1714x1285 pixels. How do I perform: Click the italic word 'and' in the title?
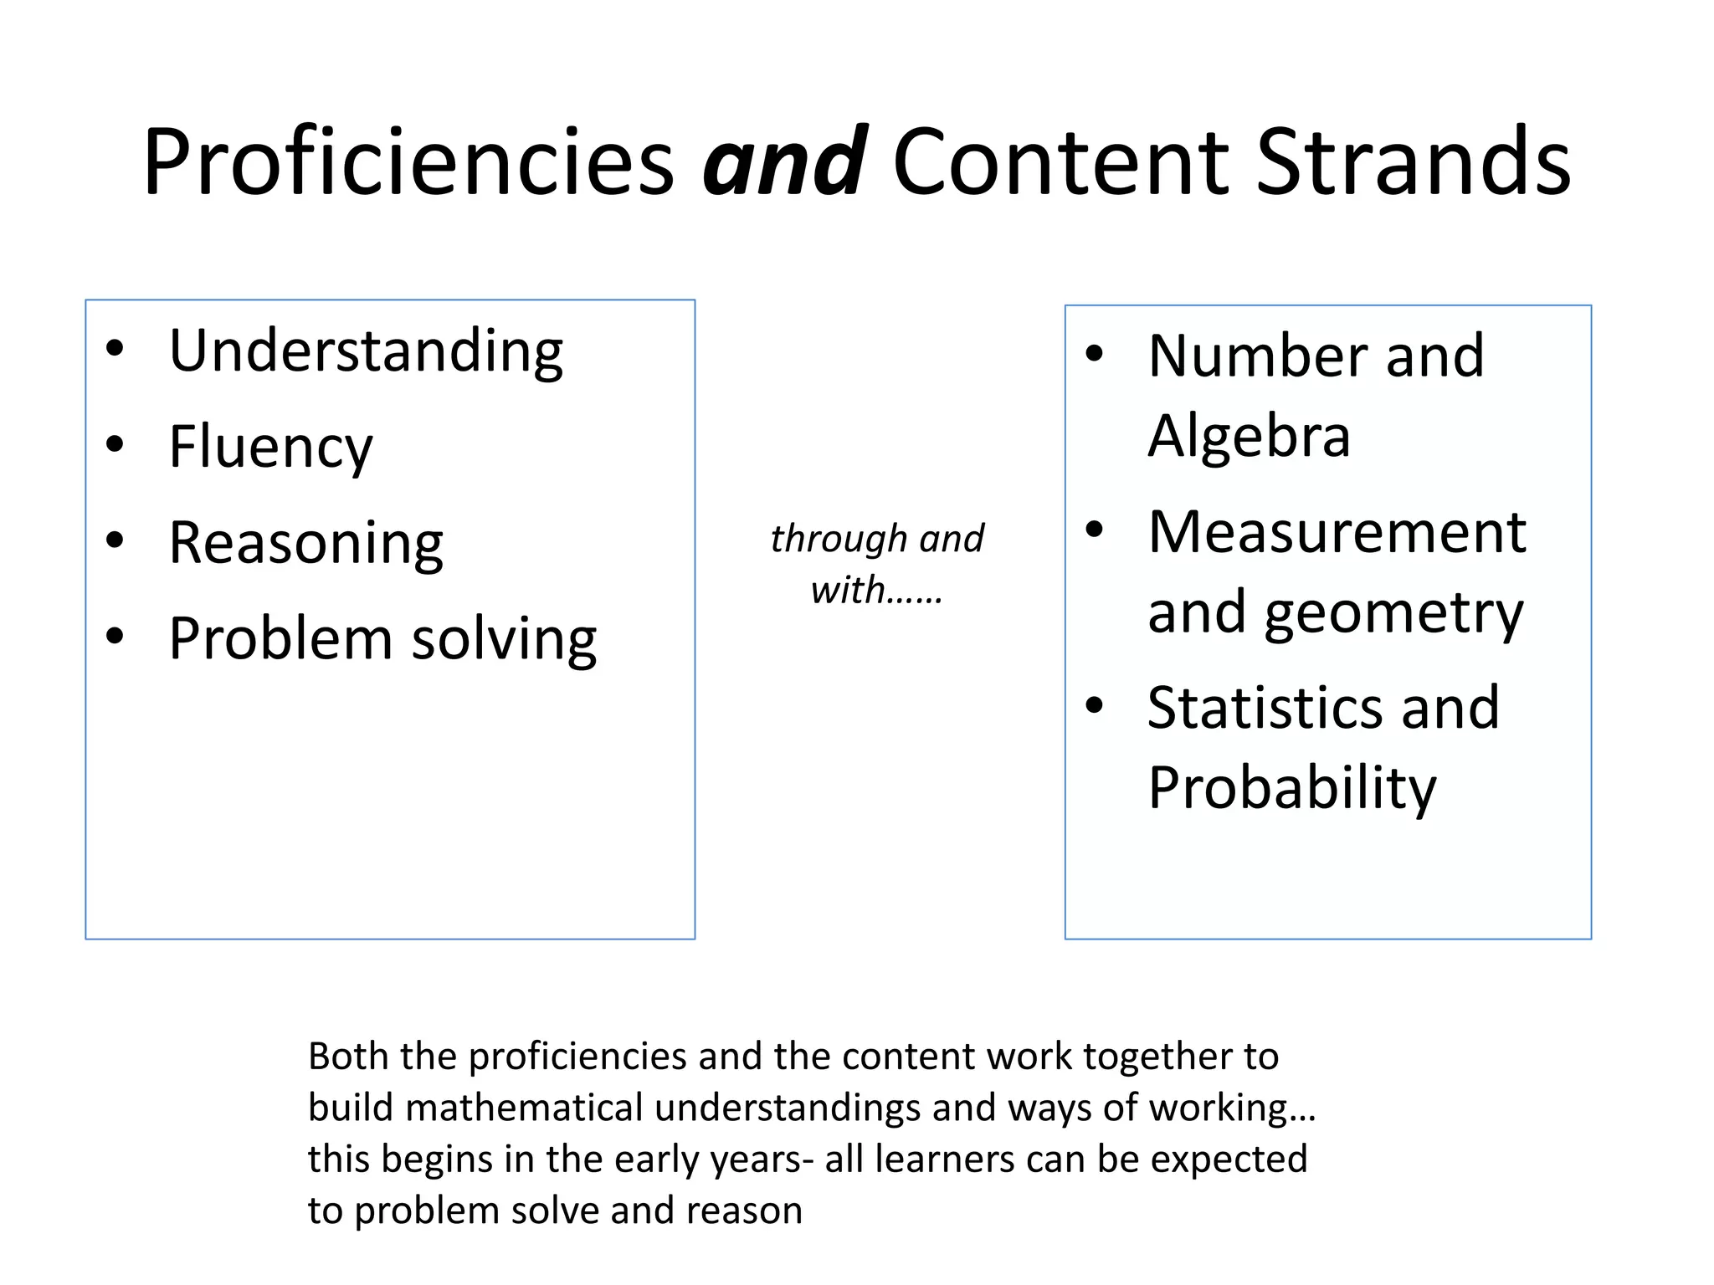click(x=784, y=161)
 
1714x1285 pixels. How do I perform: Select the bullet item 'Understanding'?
click(x=366, y=351)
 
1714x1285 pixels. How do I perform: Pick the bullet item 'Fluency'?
click(x=270, y=447)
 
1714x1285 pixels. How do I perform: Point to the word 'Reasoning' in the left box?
click(x=305, y=544)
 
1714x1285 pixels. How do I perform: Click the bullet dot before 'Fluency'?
click(x=115, y=444)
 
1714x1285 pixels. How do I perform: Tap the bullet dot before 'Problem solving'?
click(x=115, y=636)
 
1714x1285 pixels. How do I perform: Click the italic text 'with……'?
click(x=876, y=591)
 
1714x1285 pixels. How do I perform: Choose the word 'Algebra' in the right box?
click(x=1249, y=436)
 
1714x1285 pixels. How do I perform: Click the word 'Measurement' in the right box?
click(x=1337, y=532)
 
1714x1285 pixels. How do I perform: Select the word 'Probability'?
click(x=1291, y=788)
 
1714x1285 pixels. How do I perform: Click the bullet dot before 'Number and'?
click(x=1094, y=355)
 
